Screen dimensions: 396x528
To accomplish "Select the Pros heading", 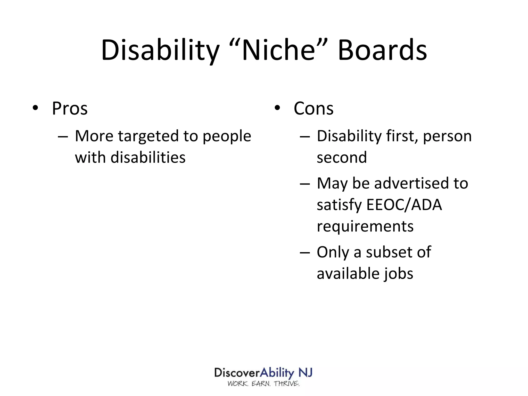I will click(70, 108).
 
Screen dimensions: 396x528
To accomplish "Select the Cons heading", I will click(313, 108).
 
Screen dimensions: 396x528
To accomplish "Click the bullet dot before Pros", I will click(35, 108).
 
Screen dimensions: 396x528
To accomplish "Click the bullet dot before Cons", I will click(277, 108).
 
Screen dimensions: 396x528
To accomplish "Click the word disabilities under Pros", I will click(148, 158).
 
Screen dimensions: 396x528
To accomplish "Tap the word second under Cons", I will click(342, 158).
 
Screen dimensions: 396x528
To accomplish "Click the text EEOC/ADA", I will click(404, 205).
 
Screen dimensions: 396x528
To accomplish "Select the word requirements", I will click(365, 226).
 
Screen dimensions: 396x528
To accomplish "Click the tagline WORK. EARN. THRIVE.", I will click(263, 384).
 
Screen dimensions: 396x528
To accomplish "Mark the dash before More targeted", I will click(63, 136).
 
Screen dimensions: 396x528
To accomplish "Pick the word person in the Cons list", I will click(447, 136).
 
